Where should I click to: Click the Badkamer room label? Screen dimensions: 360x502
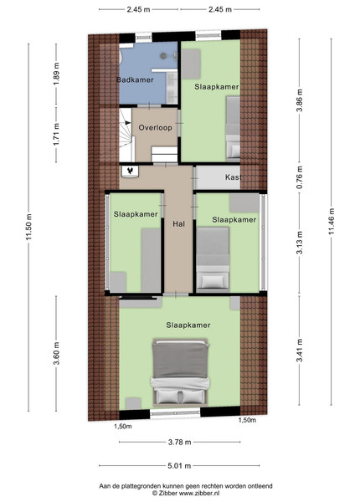pyautogui.click(x=135, y=79)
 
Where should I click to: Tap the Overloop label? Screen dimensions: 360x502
pyautogui.click(x=156, y=128)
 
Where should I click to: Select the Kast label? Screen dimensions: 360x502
pyautogui.click(x=233, y=177)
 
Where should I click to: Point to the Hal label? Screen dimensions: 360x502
pyautogui.click(x=178, y=224)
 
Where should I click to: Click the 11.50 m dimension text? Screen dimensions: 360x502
pyautogui.click(x=29, y=227)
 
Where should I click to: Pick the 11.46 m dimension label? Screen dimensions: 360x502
pyautogui.click(x=332, y=221)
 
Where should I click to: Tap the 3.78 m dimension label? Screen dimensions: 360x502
pyautogui.click(x=180, y=442)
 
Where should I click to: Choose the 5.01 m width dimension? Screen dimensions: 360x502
pyautogui.click(x=179, y=466)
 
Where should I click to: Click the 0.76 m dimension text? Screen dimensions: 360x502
pyautogui.click(x=300, y=177)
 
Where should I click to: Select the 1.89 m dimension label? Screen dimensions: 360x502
pyautogui.click(x=56, y=74)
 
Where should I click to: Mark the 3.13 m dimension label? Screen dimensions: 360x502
pyautogui.click(x=300, y=243)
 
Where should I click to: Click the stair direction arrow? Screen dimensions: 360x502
pyautogui.click(x=128, y=122)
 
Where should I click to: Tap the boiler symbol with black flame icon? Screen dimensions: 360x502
pyautogui.click(x=130, y=171)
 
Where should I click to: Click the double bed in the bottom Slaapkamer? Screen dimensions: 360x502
pyautogui.click(x=180, y=372)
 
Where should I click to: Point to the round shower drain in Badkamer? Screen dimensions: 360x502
pyautogui.click(x=163, y=56)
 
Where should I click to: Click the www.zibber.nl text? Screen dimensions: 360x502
pyautogui.click(x=199, y=494)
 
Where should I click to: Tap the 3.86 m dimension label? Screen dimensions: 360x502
pyautogui.click(x=300, y=100)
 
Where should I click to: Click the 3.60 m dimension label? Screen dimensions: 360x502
pyautogui.click(x=56, y=353)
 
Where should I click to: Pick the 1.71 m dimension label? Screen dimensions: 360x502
pyautogui.click(x=56, y=135)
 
